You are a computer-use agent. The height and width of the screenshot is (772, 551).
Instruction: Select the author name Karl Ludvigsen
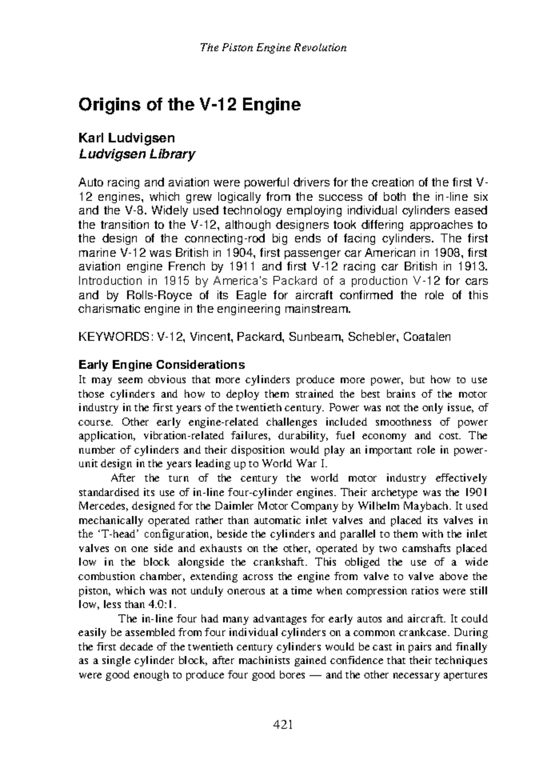(x=127, y=137)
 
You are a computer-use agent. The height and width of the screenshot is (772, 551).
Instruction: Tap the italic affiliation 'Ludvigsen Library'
(x=137, y=154)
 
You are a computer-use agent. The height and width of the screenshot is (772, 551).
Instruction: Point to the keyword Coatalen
(x=427, y=337)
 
